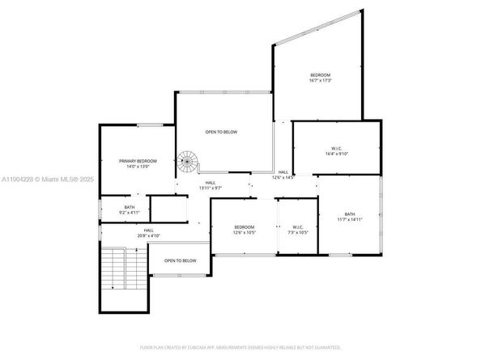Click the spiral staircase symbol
coord(188,162)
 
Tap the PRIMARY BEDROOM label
coord(138,161)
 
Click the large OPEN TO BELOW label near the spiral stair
coord(221,132)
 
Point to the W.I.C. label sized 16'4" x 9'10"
coord(337,148)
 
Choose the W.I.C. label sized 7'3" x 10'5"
coord(297,227)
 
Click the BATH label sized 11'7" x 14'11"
coord(350,214)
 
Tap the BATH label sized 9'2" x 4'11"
coord(130,208)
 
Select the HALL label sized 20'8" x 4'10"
coord(149,230)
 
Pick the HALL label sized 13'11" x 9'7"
coord(211,183)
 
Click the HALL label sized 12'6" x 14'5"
coord(283,172)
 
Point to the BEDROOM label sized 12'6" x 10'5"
coord(245,227)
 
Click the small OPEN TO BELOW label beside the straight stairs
coord(181,260)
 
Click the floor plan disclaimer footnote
coord(240,346)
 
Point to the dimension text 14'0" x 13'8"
coord(138,167)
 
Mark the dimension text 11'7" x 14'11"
coord(350,219)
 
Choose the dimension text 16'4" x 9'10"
coord(337,154)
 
